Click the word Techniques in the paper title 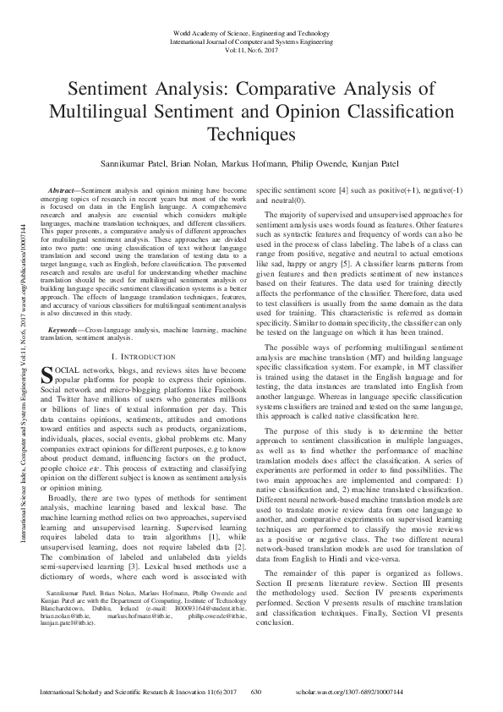coord(251,134)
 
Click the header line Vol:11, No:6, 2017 coord(251,49)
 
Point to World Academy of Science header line coord(251,32)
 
